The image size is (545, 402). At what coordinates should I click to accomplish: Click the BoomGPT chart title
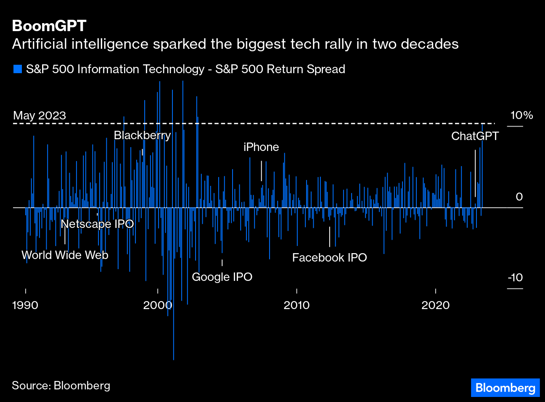49,26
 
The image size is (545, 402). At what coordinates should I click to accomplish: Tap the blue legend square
17,69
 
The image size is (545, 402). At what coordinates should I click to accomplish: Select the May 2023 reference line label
40,116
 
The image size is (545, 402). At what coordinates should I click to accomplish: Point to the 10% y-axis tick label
521,115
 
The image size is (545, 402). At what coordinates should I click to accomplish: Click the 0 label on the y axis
519,197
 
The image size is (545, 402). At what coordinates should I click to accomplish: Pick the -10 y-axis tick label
515,278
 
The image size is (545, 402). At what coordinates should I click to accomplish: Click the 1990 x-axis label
25,305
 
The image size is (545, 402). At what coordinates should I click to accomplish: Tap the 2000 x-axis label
157,305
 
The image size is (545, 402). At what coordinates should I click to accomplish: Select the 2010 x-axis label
296,305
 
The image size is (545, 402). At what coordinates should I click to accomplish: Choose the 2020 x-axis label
435,305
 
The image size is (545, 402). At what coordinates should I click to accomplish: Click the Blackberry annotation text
142,135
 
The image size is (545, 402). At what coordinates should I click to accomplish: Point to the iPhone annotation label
261,147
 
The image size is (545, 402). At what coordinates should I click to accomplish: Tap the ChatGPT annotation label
475,136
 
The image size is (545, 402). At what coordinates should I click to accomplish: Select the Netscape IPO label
97,224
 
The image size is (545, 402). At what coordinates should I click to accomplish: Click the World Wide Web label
65,255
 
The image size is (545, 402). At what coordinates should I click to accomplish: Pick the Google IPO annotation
222,277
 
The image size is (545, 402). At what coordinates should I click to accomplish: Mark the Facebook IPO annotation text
329,258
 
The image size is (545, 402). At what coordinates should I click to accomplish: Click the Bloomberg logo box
505,388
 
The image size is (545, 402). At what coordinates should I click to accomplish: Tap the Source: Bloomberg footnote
61,386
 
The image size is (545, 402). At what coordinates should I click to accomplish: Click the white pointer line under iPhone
261,171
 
